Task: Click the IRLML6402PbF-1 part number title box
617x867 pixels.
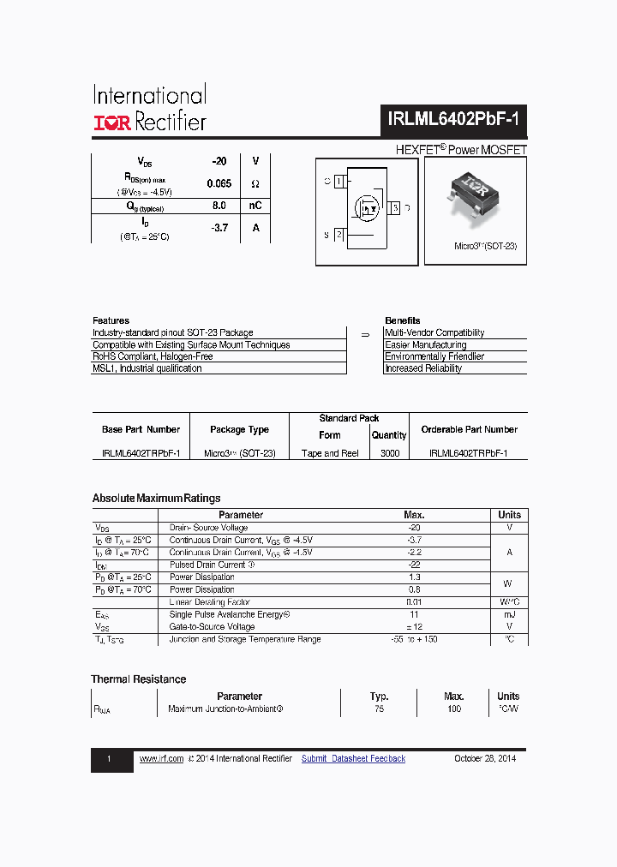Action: pos(453,122)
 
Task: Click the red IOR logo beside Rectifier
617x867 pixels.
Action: pos(111,123)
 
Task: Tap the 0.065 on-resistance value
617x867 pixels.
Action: pos(219,183)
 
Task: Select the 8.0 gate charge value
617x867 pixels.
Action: pos(219,206)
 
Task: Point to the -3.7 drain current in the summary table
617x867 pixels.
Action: pos(219,228)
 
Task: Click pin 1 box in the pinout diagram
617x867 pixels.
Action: pos(339,182)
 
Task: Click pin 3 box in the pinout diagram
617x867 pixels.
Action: pos(394,208)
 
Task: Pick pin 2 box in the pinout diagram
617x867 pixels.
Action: pos(339,234)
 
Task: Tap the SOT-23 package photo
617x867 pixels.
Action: pos(474,195)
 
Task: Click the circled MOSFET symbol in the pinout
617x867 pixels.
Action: pos(368,208)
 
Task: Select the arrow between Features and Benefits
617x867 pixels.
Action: pos(364,334)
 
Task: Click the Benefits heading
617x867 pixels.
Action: pos(403,320)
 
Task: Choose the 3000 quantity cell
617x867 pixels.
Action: pos(389,453)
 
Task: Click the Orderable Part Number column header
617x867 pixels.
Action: pos(469,429)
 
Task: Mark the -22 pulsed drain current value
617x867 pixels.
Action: pos(414,565)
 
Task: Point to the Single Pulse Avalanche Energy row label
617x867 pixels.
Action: pos(230,614)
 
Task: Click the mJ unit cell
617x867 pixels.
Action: pos(509,614)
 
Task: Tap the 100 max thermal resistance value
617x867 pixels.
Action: pos(454,709)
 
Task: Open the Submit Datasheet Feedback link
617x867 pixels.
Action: pos(353,759)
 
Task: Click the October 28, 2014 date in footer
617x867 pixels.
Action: pos(484,759)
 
